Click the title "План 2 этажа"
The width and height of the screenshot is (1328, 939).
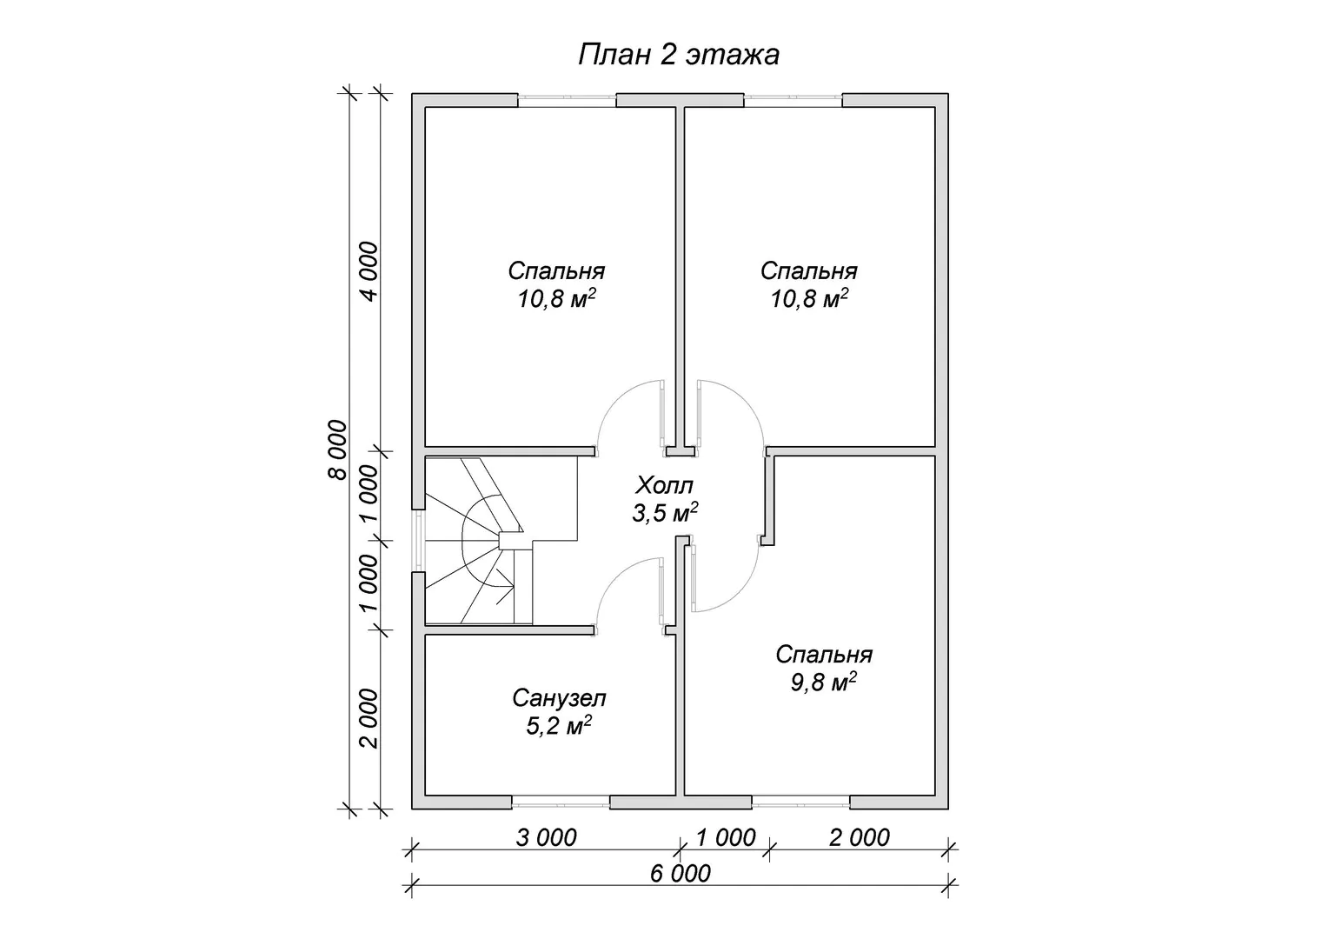[x=679, y=55]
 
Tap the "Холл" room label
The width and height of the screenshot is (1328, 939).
[x=664, y=485]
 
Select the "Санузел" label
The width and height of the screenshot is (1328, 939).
[x=559, y=698]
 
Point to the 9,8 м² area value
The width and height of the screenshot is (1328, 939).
[x=823, y=682]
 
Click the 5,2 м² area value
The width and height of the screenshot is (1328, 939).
[x=559, y=725]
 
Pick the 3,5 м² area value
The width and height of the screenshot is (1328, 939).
[x=665, y=512]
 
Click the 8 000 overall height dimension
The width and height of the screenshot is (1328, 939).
[x=337, y=450]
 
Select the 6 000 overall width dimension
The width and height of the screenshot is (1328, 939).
[x=680, y=873]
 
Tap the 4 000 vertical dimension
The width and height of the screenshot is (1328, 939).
[x=369, y=271]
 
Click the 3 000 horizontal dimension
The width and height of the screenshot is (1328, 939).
[x=546, y=837]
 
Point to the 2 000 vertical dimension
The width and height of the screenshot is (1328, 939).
[x=369, y=718]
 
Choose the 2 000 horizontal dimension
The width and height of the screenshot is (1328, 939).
[x=859, y=837]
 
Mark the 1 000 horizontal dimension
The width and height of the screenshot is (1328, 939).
[x=726, y=837]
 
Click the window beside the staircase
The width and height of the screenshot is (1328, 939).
[x=419, y=541]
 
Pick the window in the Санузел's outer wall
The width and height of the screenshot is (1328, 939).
[x=561, y=803]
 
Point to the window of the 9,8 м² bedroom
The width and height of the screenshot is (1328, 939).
[x=800, y=803]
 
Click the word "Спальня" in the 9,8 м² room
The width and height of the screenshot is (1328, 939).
[x=823, y=655]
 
